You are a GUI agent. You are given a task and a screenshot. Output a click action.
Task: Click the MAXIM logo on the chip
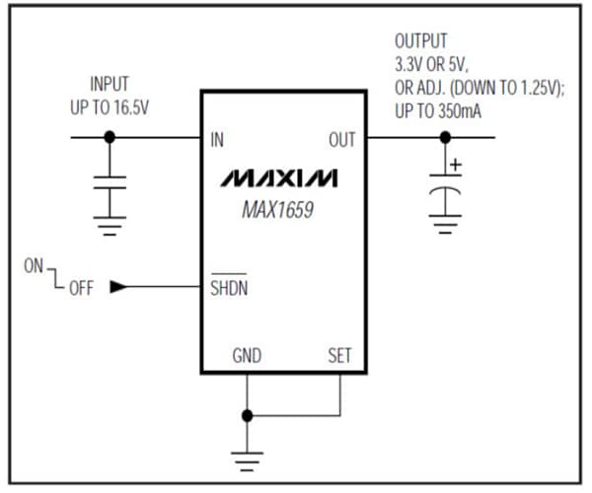click(x=278, y=178)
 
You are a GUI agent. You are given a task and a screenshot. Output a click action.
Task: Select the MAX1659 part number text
click(x=278, y=209)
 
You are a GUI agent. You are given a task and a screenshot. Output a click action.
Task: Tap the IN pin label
click(x=217, y=140)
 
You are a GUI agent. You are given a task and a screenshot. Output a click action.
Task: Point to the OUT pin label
click(x=341, y=140)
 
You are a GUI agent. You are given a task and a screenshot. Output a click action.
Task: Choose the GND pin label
click(x=247, y=355)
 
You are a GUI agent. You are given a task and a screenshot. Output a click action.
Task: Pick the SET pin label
click(x=339, y=355)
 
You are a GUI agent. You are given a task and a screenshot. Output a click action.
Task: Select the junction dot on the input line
click(x=111, y=138)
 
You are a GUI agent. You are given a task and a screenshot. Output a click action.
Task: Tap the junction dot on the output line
click(x=446, y=138)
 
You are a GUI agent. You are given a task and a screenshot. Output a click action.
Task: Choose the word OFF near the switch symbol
click(x=81, y=289)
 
